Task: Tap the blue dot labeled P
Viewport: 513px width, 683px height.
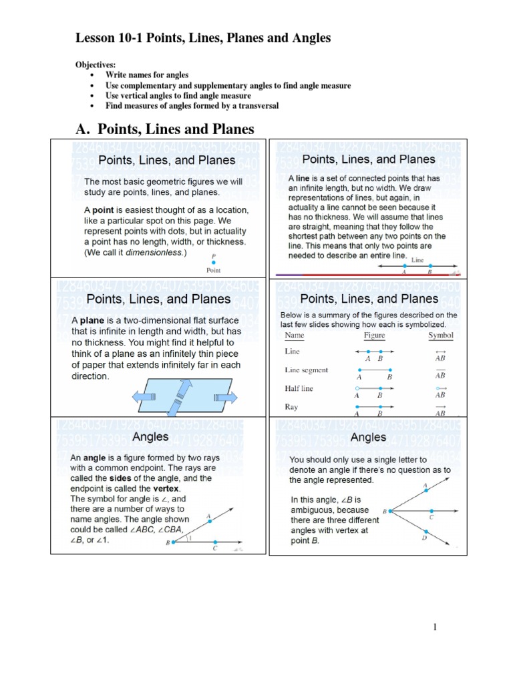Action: click(x=213, y=263)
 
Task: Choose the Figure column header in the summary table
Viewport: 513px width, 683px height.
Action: click(x=374, y=335)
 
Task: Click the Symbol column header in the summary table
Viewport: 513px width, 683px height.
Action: click(x=441, y=335)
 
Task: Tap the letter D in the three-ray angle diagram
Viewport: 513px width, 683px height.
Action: click(x=423, y=538)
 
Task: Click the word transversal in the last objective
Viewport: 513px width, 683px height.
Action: click(x=256, y=105)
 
